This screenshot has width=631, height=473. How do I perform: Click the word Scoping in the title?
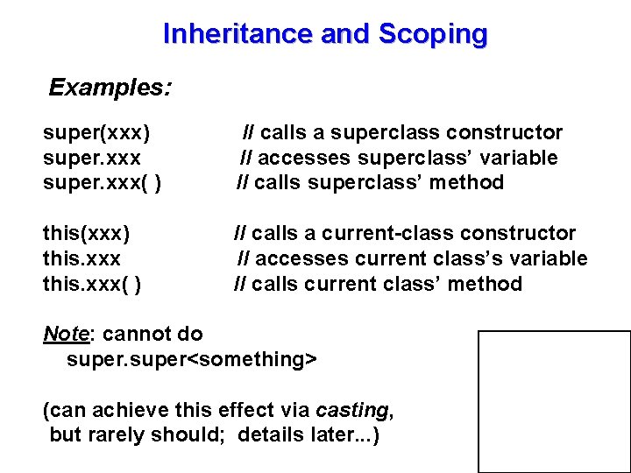[433, 34]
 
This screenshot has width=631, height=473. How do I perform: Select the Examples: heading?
[110, 88]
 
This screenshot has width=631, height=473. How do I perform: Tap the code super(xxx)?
[96, 133]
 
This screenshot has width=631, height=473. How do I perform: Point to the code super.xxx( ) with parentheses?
[102, 183]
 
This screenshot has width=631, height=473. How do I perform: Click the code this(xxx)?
[87, 234]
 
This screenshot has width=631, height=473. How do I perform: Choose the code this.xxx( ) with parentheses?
[93, 284]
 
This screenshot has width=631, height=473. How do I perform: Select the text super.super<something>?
[192, 359]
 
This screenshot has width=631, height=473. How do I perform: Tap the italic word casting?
[351, 410]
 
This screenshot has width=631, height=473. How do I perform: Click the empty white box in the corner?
[554, 401]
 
